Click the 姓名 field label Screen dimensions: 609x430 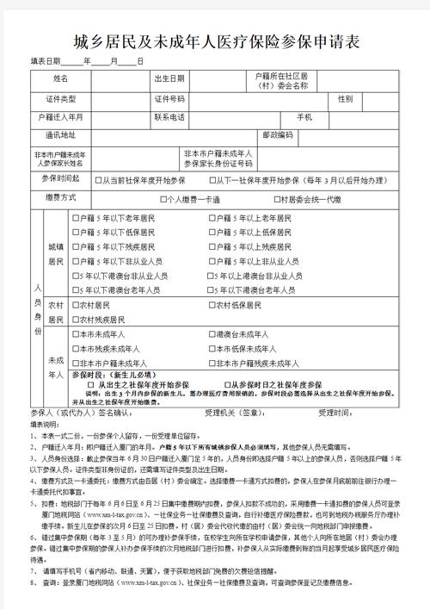click(x=61, y=79)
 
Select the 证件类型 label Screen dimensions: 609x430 click(x=61, y=99)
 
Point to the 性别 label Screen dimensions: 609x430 click(x=345, y=99)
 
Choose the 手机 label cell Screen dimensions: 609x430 click(x=304, y=116)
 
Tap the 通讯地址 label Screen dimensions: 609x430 click(x=61, y=135)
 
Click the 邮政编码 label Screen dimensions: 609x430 click(x=277, y=135)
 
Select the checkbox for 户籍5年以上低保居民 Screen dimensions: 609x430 click(x=212, y=233)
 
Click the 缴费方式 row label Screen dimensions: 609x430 click(x=61, y=198)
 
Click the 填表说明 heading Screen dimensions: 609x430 click(x=46, y=425)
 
